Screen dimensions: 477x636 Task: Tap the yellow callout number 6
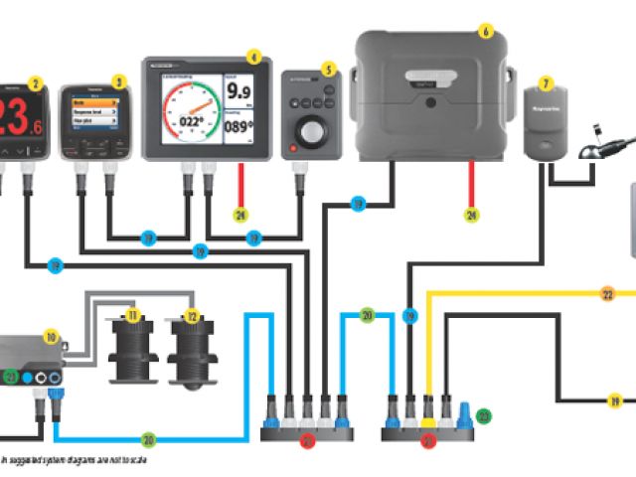coord(485,31)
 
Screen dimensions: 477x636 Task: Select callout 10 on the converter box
coord(51,337)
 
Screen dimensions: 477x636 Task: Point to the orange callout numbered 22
coord(607,294)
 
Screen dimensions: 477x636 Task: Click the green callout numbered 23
coord(483,416)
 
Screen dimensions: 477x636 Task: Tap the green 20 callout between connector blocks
coord(367,316)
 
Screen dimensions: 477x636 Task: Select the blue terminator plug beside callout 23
coord(463,409)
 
